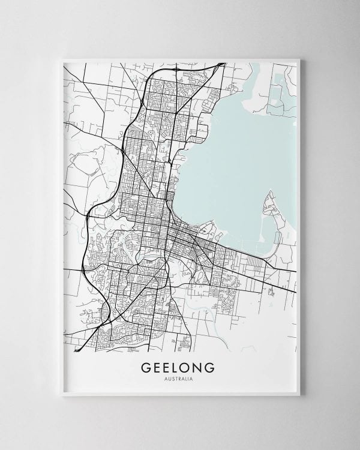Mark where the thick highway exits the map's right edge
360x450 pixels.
click(x=295, y=292)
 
